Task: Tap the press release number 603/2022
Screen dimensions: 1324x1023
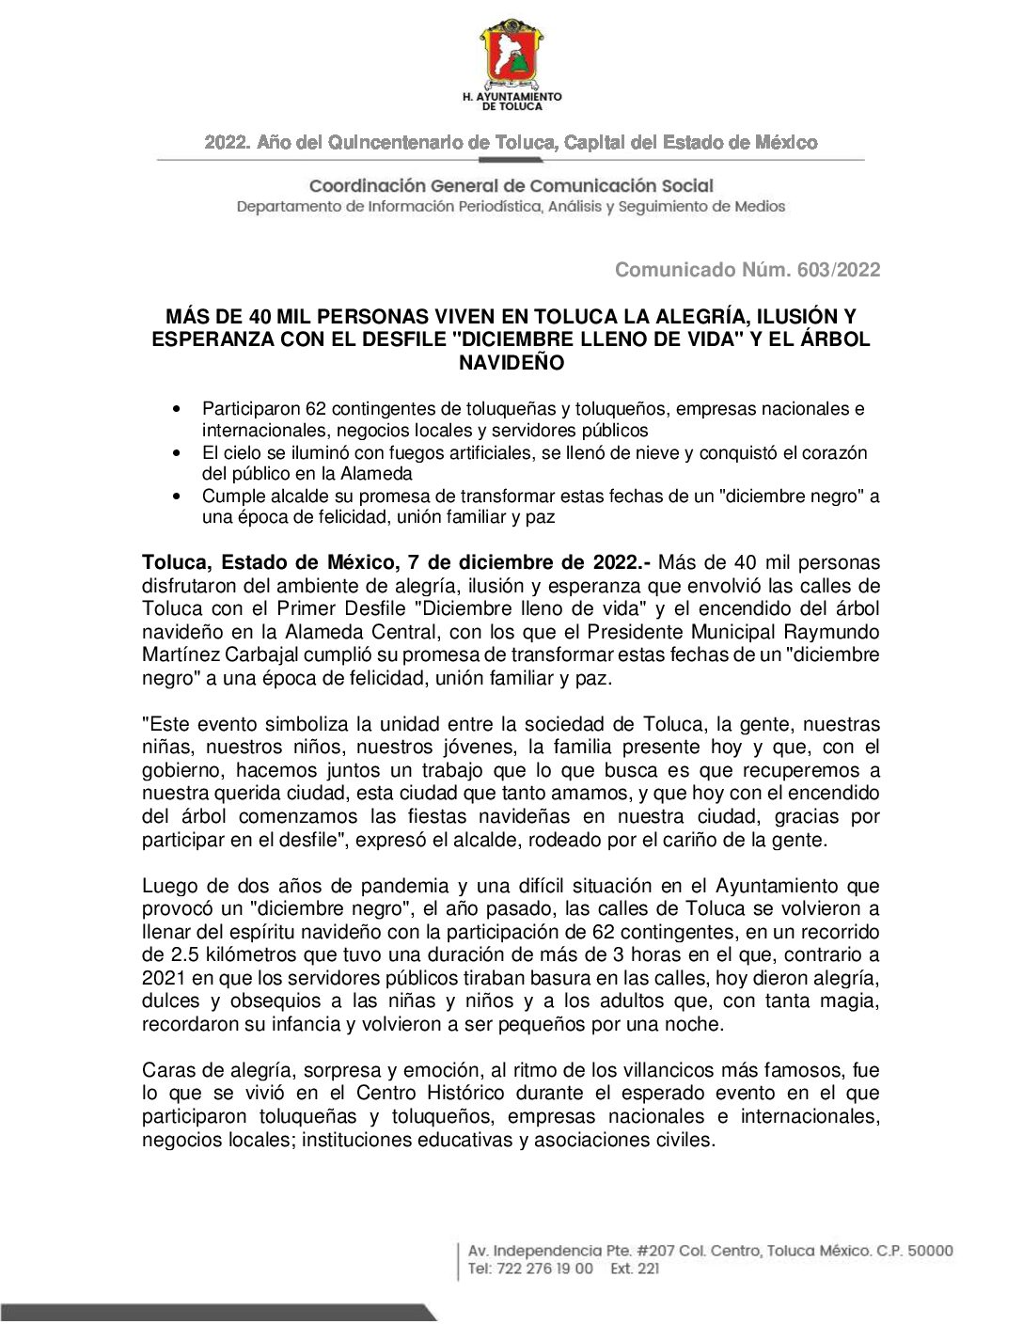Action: pos(839,270)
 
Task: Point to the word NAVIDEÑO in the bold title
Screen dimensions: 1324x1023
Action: pos(511,362)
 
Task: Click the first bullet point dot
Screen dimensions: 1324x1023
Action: pos(178,410)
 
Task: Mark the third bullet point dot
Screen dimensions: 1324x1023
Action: pos(178,496)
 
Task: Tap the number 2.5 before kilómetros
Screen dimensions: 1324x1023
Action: pos(184,954)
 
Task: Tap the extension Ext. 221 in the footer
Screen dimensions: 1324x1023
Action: pos(635,1269)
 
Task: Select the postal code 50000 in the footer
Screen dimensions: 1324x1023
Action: pos(930,1251)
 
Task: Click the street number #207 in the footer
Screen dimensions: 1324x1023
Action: pos(655,1251)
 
